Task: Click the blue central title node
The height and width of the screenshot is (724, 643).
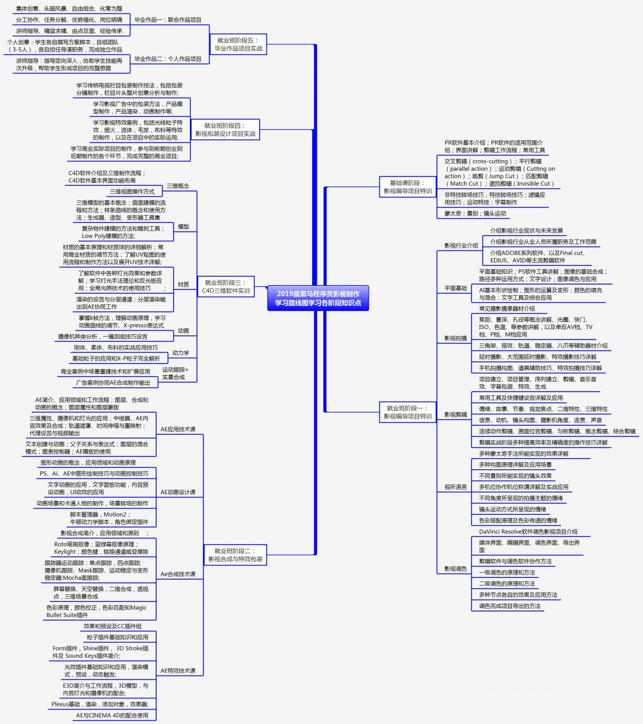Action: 318,298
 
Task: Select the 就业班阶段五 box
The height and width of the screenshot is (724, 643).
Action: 238,44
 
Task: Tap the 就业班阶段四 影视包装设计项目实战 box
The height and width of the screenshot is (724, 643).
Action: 225,130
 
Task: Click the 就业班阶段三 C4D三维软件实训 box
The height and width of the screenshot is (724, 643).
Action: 226,286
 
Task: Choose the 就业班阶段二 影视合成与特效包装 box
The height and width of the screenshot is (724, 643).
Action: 236,555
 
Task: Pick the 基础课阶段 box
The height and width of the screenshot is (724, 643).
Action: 407,187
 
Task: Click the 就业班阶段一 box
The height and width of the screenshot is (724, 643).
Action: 407,413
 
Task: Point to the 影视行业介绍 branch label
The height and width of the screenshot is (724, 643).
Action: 461,246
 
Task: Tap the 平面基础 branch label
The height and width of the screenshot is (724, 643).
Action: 456,289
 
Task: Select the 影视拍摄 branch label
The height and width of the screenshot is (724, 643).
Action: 456,338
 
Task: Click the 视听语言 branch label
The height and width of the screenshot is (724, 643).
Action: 456,487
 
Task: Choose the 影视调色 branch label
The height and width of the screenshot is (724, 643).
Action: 456,569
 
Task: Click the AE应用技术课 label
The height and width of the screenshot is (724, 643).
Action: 178,429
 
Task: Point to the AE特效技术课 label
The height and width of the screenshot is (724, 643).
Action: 178,671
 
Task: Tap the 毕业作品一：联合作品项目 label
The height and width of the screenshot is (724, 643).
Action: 168,20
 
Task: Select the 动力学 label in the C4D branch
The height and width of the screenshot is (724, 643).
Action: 181,353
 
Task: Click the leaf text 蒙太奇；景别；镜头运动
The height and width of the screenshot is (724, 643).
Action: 475,214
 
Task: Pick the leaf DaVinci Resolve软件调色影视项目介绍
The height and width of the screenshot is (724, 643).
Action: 528,532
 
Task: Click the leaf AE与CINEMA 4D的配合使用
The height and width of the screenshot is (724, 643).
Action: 112,715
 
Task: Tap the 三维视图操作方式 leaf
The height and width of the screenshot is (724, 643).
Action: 132,192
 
